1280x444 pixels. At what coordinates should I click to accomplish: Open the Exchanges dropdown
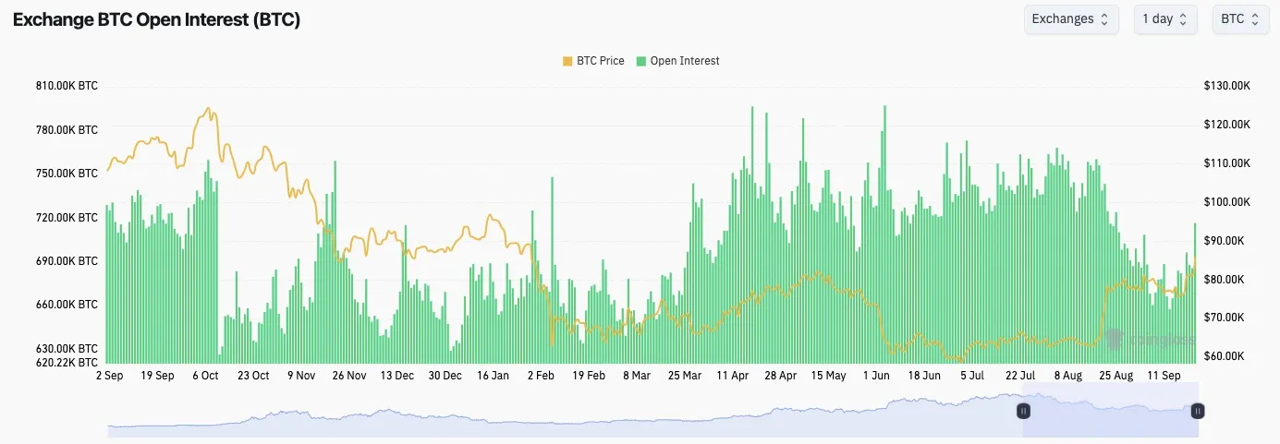click(x=1071, y=18)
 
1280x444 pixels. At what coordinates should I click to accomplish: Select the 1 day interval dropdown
click(x=1165, y=18)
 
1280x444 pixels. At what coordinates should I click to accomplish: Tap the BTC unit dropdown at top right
click(x=1240, y=18)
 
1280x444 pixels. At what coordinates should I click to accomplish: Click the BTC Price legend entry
click(x=593, y=61)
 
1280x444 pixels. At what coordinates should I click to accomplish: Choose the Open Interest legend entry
click(x=677, y=61)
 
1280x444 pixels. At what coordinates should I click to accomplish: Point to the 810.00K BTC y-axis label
click(x=67, y=86)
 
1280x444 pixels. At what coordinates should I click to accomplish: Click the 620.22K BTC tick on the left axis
click(x=67, y=363)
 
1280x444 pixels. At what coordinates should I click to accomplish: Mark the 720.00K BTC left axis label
click(x=67, y=218)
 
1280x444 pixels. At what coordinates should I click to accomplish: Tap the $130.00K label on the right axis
click(x=1226, y=86)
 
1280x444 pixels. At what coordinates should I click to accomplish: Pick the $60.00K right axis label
click(x=1224, y=356)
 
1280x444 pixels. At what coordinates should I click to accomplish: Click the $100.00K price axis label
click(x=1226, y=202)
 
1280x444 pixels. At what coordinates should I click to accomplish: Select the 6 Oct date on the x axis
click(x=205, y=376)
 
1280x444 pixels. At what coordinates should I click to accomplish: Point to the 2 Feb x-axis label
click(x=541, y=376)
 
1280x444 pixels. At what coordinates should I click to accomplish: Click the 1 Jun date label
click(x=876, y=376)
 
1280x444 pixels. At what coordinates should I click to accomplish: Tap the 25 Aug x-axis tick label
click(x=1116, y=376)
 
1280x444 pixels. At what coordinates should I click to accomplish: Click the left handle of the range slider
click(x=1023, y=411)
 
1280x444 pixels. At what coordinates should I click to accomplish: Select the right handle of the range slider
click(x=1197, y=411)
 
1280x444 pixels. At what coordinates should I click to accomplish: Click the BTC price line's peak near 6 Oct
click(x=208, y=108)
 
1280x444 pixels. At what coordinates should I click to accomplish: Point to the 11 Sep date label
click(x=1164, y=376)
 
